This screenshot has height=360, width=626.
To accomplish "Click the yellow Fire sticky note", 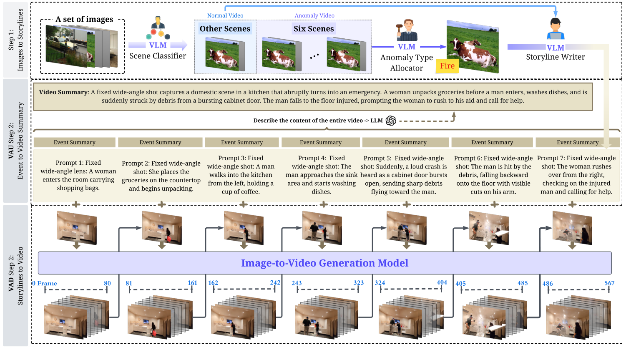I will coord(447,66).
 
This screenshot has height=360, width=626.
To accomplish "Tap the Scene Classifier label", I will coord(158,56).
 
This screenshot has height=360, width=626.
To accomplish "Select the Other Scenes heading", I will coord(225,29).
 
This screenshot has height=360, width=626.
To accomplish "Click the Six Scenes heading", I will coord(314,29).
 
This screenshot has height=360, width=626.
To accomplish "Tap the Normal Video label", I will coord(225,15).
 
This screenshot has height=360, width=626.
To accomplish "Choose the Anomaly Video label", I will coord(314,15).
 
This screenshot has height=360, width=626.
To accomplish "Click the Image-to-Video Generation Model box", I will coord(324,263).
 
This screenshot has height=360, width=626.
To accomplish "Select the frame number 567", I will coord(609,283).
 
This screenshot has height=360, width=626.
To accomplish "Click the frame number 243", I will coord(297,283).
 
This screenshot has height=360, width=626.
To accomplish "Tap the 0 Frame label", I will coord(44,284).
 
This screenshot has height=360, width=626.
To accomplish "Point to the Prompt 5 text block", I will coord(404,175).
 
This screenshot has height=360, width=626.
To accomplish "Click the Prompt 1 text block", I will coord(78,175).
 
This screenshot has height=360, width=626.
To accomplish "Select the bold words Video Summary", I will coord(63,92).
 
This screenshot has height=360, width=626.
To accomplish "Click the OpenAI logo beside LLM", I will coord(391,121).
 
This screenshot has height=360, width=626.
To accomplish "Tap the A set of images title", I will coord(84,19).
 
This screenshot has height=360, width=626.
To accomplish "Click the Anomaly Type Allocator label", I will coord(407,63).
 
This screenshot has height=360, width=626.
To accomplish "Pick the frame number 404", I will coord(442,282).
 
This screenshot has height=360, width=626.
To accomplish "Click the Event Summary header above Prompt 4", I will coord(320,143).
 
